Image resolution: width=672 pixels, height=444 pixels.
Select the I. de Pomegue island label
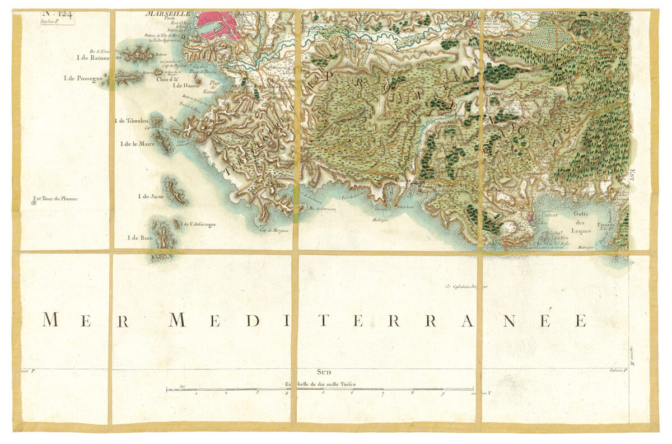(x=85, y=78)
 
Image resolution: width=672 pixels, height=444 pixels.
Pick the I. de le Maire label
(x=137, y=144)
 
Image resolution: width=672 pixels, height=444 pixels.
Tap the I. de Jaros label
(x=150, y=197)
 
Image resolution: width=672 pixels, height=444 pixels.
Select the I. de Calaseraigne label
(x=199, y=225)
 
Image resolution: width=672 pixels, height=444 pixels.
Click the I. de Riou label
(x=140, y=238)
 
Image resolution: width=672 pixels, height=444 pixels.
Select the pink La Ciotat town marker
(x=530, y=216)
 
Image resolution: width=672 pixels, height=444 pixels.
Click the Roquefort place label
(x=538, y=96)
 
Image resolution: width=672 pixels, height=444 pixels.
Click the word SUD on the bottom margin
(x=324, y=371)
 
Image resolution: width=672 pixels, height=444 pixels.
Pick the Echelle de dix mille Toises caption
(x=320, y=385)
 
